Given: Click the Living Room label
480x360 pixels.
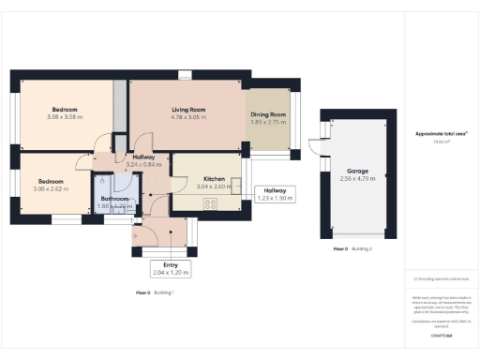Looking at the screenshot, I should point(189,110).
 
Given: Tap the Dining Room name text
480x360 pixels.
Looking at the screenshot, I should point(268,114).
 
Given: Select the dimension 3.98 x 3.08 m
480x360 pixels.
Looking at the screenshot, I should point(66,118).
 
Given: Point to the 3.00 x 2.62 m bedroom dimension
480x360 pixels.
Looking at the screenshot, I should point(51,188).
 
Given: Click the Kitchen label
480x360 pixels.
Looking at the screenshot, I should point(214,178).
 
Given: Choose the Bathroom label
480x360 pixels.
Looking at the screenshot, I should point(114,198).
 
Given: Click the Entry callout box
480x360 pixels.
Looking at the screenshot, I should point(171,268).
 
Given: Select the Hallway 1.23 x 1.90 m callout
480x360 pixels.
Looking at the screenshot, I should point(276,194).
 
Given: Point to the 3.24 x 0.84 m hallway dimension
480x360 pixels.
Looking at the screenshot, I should point(143,165).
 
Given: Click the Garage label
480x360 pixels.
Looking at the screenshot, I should point(356,171).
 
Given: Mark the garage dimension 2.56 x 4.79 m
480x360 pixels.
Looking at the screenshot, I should point(356,178).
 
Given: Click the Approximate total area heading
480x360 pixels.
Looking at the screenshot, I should point(441,135).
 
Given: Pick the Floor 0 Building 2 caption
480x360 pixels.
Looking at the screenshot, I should point(352,248).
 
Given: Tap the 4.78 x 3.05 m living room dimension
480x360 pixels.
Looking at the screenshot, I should point(189,118).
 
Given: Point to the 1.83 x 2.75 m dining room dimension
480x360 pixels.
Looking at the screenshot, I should point(268,122).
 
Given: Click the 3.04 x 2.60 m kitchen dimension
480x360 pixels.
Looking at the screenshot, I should point(214,186).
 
